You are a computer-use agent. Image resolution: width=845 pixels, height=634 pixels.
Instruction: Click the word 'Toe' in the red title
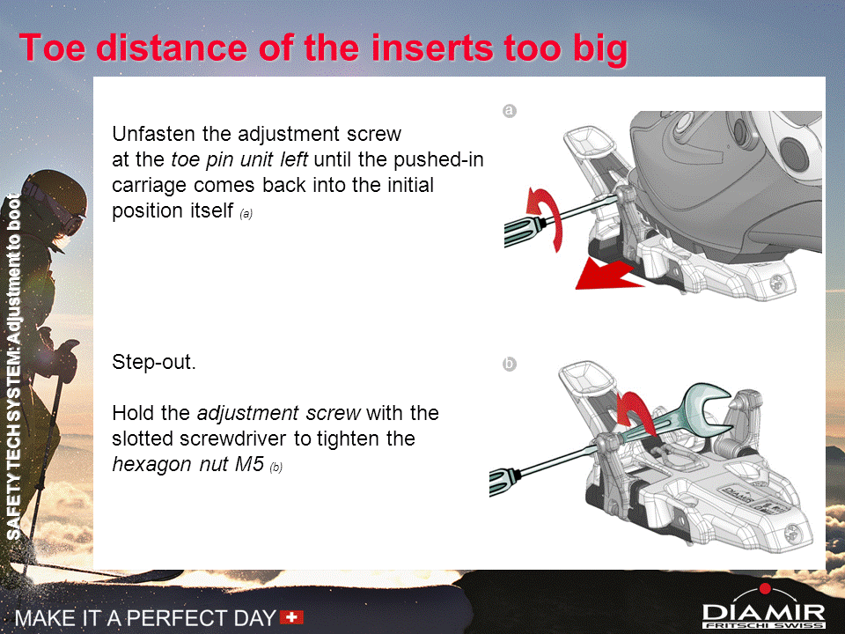pos(52,48)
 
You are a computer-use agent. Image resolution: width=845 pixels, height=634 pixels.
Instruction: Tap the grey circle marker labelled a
pos(510,111)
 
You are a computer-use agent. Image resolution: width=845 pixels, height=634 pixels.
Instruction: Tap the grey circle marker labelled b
pos(510,364)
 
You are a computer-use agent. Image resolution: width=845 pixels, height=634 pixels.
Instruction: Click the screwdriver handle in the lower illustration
pos(503,481)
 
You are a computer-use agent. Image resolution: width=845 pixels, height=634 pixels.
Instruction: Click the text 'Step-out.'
pos(154,362)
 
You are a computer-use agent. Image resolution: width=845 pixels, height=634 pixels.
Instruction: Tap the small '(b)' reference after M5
pos(276,467)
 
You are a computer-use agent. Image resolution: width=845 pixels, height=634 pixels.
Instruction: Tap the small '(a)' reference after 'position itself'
pos(246,213)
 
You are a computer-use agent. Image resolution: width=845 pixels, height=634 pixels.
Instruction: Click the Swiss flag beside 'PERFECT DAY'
pos(291,616)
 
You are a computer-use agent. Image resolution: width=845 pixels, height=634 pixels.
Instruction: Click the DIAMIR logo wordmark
pos(764,613)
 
